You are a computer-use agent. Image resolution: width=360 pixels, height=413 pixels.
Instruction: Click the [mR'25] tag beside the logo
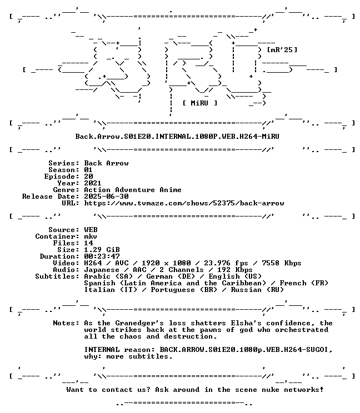click(x=282, y=50)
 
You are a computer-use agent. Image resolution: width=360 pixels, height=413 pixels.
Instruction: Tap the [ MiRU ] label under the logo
click(x=200, y=103)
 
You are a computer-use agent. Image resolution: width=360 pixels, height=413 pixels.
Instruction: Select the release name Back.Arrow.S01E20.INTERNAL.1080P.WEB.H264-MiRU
click(x=177, y=136)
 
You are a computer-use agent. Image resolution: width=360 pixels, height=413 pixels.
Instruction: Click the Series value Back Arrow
click(x=106, y=163)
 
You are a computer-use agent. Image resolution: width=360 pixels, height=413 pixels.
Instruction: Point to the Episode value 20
click(x=88, y=176)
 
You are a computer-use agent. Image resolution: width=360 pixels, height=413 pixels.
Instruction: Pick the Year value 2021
click(x=93, y=183)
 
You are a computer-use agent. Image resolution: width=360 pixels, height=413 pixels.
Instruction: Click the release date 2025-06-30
click(x=106, y=196)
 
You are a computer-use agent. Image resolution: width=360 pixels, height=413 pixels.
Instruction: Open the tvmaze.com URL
click(x=184, y=203)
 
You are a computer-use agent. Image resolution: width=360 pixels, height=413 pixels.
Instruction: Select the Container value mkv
click(x=91, y=236)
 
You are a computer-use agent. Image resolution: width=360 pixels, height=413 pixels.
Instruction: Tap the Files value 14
click(x=88, y=243)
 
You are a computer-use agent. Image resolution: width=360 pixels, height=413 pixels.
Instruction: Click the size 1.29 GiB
click(x=102, y=249)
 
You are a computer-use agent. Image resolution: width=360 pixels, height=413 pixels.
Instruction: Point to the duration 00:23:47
click(x=102, y=256)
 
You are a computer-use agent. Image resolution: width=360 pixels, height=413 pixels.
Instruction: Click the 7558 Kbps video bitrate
click(x=282, y=263)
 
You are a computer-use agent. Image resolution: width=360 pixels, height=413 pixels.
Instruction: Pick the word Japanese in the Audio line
click(x=102, y=270)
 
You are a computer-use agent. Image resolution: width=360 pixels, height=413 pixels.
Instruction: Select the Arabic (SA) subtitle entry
click(x=108, y=276)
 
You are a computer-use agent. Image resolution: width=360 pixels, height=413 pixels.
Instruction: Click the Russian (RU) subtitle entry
click(x=257, y=290)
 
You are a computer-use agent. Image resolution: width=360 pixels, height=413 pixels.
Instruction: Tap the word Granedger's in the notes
click(x=139, y=323)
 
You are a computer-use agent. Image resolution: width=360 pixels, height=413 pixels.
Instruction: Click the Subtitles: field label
click(x=57, y=276)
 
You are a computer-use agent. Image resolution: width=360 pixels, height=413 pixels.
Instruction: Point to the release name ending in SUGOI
click(x=246, y=350)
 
